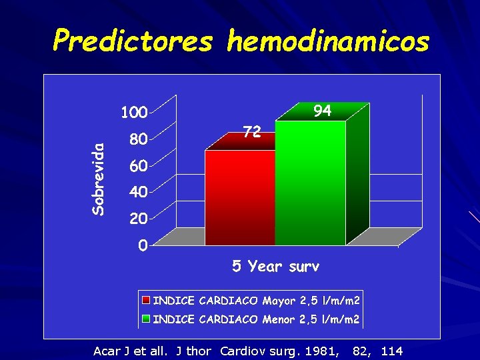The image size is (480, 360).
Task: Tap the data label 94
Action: (x=322, y=111)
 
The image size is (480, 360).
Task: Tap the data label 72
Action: (x=251, y=132)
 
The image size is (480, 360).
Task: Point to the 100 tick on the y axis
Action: (x=133, y=113)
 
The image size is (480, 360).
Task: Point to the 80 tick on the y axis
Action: (x=138, y=140)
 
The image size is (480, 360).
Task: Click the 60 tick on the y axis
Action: (x=138, y=165)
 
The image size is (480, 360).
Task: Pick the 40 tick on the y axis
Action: (x=138, y=192)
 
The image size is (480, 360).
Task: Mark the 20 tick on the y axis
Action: (x=138, y=218)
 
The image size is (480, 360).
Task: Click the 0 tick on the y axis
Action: (x=143, y=246)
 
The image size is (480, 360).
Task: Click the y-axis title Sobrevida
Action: (x=98, y=179)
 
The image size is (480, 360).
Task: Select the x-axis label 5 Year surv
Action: (x=275, y=267)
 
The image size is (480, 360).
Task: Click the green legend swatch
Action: (x=146, y=319)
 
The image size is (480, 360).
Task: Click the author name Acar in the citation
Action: (x=105, y=351)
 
